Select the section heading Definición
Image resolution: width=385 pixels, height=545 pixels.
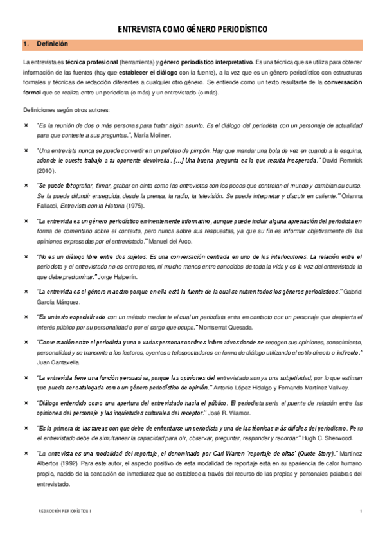[52, 44]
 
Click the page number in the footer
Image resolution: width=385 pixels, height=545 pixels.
[362, 512]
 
